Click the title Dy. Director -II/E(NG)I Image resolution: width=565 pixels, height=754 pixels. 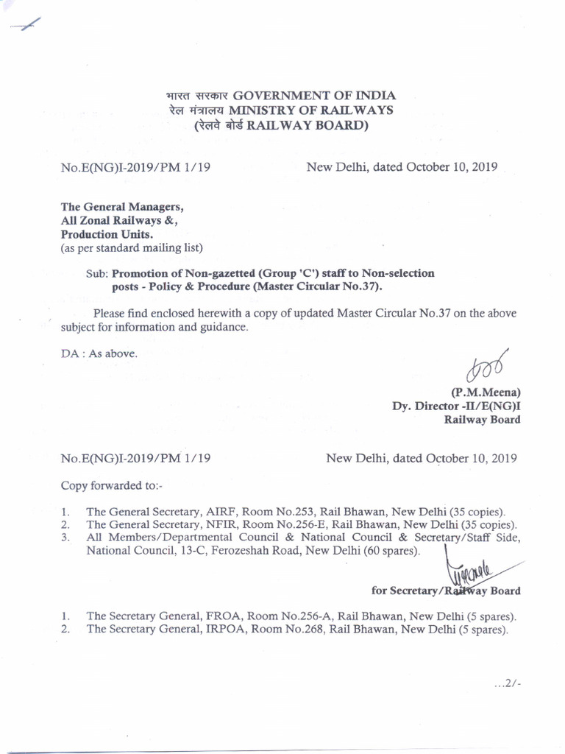pos(456,406)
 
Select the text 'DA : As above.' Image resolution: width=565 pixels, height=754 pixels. pos(99,353)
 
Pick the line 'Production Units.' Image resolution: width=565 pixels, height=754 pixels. pos(107,233)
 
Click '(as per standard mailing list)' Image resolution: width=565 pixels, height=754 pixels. pos(131,247)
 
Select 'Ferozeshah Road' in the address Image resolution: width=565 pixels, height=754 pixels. pos(251,551)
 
